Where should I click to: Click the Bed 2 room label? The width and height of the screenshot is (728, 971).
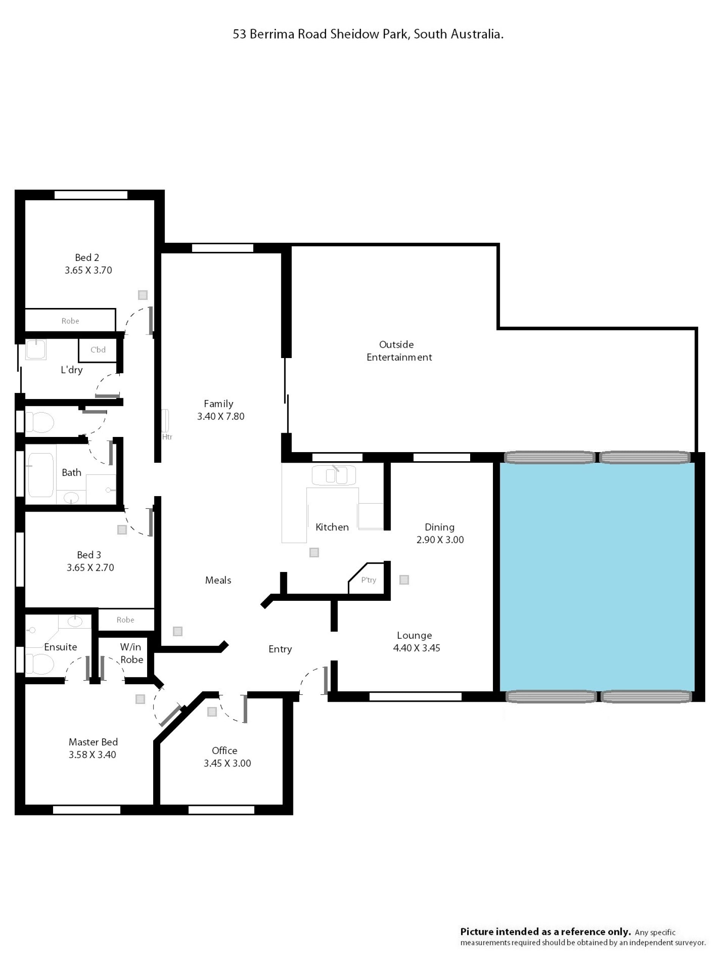pos(87,257)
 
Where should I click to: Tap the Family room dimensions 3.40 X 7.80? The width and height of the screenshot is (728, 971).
pos(220,416)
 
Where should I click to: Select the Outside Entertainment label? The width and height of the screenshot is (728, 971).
pos(399,351)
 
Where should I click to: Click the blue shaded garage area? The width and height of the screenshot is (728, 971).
pos(597,577)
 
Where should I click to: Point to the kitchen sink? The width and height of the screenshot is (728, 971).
pos(334,475)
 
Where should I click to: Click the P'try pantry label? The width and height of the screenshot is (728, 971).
pos(369,580)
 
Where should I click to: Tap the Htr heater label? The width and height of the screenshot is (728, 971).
pos(167,437)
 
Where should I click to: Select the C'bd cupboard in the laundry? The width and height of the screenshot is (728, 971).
pos(98,350)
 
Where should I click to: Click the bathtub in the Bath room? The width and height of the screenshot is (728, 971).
pos(41,475)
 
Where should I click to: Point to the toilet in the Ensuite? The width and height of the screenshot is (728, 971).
pos(39,664)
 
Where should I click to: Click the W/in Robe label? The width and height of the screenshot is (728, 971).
pos(131,653)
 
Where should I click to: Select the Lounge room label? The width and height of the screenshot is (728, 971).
pos(414,635)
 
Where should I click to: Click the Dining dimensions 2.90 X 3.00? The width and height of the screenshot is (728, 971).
pos(440,539)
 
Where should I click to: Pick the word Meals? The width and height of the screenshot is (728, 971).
pos(218,580)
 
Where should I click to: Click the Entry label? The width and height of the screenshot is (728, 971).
pos(280,649)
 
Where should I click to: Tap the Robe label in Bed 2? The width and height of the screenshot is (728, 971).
pos(70,321)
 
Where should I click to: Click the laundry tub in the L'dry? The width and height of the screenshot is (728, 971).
pos(36,349)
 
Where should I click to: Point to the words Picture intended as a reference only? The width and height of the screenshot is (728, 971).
pos(546,932)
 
